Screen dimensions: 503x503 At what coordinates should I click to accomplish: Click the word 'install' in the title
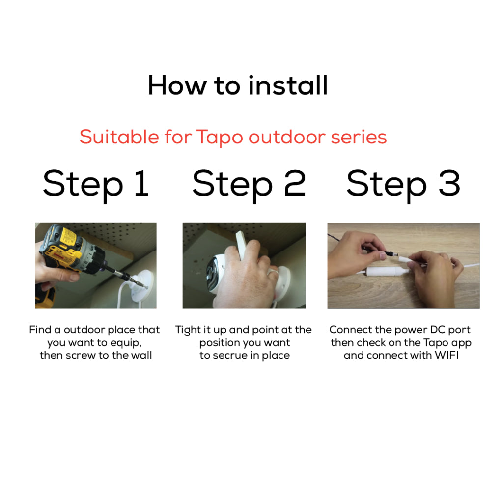pyautogui.click(x=288, y=85)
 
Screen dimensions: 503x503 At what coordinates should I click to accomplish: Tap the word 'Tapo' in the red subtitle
pyautogui.click(x=220, y=138)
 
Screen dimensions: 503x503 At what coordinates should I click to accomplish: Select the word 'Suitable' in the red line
pyautogui.click(x=119, y=137)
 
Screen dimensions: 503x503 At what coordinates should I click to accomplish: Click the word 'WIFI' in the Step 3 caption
pyautogui.click(x=447, y=355)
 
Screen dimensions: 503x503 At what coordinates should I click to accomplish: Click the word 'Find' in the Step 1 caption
pyautogui.click(x=40, y=330)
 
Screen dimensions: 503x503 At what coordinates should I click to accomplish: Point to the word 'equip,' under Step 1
pyautogui.click(x=126, y=343)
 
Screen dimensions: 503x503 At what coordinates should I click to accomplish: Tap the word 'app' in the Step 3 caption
pyautogui.click(x=461, y=343)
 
